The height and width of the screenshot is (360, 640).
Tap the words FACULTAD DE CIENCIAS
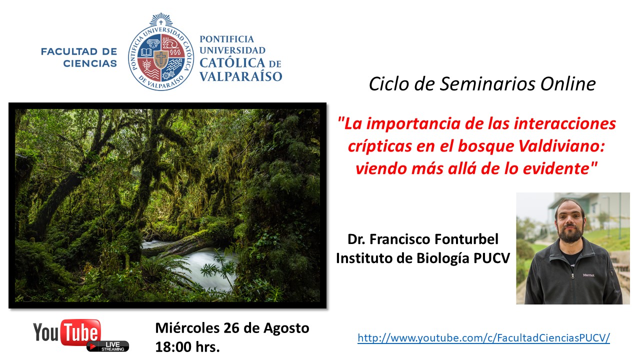pos(79,57)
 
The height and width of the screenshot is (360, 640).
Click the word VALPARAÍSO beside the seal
pos(241,76)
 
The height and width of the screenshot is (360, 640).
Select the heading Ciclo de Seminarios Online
pos(482,84)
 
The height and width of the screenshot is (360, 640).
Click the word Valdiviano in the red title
pos(561,146)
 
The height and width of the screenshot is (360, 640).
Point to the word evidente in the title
pos(555,168)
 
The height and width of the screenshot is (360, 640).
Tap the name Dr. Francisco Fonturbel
pos(423,239)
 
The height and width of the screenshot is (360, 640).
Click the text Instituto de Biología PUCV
pos(423,258)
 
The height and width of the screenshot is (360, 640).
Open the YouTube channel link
pos(483,338)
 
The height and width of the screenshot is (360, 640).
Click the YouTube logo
pos(67,332)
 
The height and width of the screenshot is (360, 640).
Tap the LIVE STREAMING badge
pos(108,346)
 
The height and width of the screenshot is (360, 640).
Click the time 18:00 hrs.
pos(187,347)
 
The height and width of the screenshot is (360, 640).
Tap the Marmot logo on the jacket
pos(588,275)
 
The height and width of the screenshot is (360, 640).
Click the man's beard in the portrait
pos(570,233)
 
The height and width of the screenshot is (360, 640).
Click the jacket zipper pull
pos(572,276)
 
